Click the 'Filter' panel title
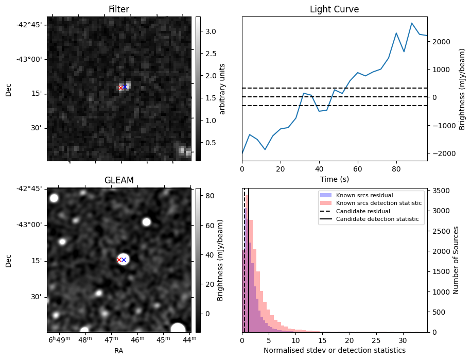118,9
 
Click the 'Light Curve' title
334,9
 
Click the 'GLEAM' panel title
118,180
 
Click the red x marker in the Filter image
120,88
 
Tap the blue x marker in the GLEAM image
124,260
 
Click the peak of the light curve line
412,23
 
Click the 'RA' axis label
118,351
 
